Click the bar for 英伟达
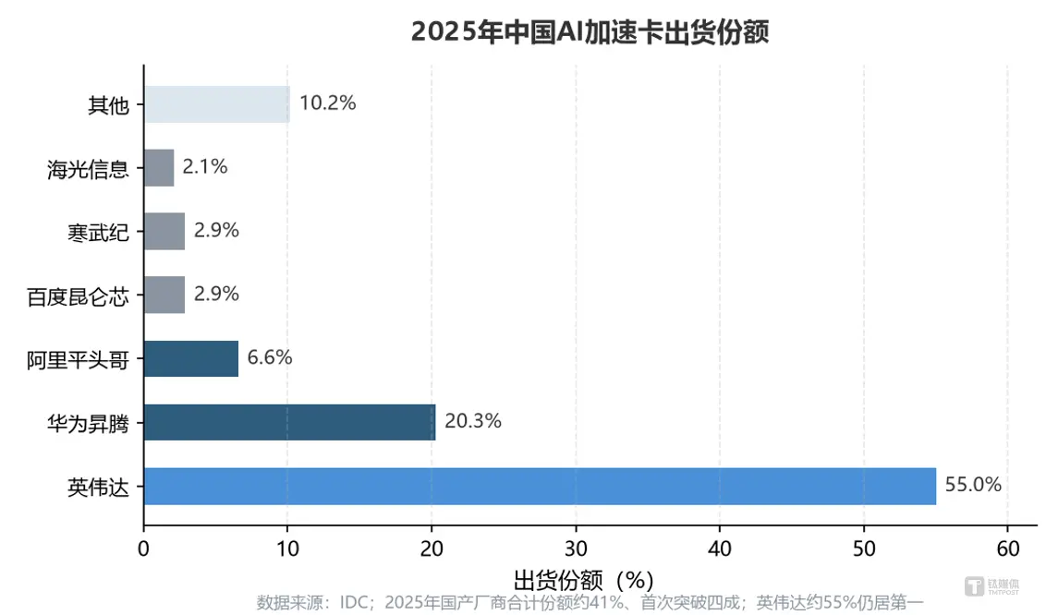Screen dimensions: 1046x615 pos(540,487)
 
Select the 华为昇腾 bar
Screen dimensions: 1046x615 pos(289,422)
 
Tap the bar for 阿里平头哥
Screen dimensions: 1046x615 pos(190,358)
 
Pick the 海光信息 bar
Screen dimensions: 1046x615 pos(159,168)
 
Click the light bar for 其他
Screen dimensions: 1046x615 pos(217,104)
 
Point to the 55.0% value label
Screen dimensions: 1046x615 pos(973,485)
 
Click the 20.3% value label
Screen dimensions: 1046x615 pos(472,421)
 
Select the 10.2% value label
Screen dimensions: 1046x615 pos(327,102)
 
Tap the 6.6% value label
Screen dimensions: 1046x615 pos(270,357)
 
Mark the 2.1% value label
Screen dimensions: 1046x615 pos(205,166)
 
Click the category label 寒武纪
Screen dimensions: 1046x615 pos(98,233)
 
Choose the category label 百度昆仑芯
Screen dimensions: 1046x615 pos(78,296)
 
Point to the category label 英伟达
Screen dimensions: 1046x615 pos(98,487)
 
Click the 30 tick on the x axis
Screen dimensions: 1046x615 pos(576,549)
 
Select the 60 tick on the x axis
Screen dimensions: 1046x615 pos(1008,549)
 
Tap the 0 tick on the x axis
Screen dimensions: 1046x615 pos(143,549)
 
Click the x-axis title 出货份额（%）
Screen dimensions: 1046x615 pos(584,580)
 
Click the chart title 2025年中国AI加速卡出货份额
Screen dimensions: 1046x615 pos(590,31)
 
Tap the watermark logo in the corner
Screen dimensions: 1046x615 pos(992,586)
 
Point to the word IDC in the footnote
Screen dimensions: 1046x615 pos(354,602)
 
